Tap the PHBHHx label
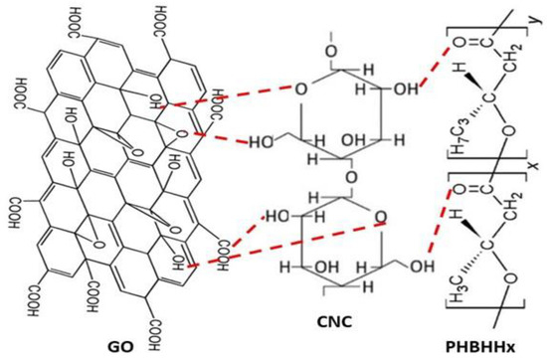click(492, 342)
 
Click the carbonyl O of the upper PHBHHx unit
click(458, 43)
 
